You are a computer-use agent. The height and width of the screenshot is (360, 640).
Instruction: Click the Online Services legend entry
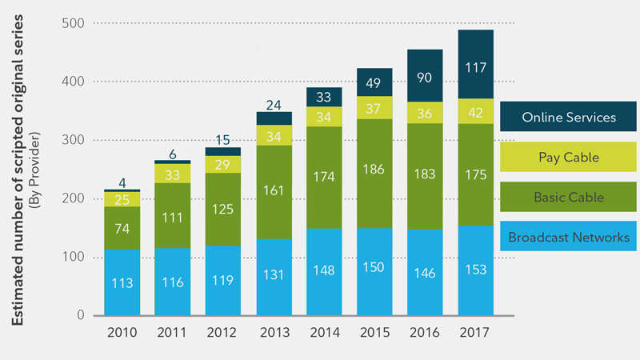[569, 118]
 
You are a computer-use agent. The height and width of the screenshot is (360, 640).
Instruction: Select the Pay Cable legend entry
[569, 158]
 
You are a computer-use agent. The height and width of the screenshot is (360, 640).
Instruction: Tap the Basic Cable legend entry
[569, 198]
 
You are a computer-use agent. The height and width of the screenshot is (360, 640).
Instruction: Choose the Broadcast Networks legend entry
[569, 238]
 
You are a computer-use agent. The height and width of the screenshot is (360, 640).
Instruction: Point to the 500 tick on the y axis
[74, 23]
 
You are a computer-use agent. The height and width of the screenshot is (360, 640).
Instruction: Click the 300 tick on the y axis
[74, 140]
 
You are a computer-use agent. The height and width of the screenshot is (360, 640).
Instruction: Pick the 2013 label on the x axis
[274, 332]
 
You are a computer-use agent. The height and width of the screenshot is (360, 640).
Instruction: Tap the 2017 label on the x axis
[475, 332]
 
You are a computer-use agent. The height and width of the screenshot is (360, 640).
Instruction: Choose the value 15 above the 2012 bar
[224, 139]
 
